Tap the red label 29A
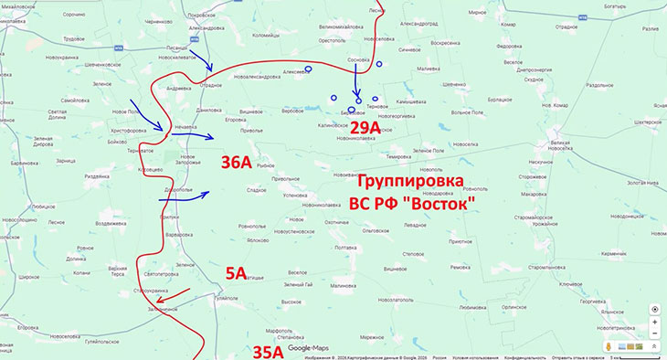[365, 129]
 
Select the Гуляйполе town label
[225, 298]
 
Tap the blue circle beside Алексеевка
[309, 69]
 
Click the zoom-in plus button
[654, 323]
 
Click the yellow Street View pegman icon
[609, 347]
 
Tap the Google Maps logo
[308, 348]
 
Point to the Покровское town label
[200, 16]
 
